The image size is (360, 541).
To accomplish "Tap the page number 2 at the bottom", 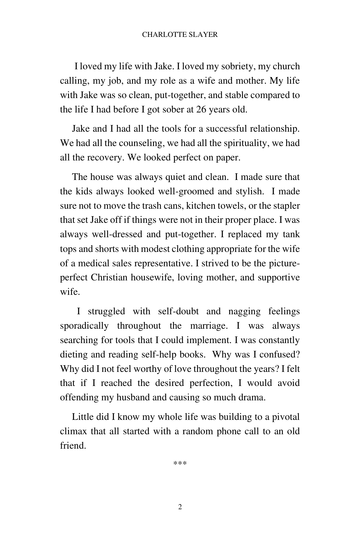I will (x=180, y=507).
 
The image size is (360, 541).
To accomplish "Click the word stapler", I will (x=286, y=206).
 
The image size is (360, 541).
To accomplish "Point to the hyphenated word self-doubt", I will (x=178, y=311).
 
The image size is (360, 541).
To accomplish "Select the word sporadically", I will (x=84, y=326).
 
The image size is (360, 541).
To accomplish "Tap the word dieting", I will (x=74, y=354).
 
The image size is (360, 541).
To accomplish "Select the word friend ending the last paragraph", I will (x=73, y=446).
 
